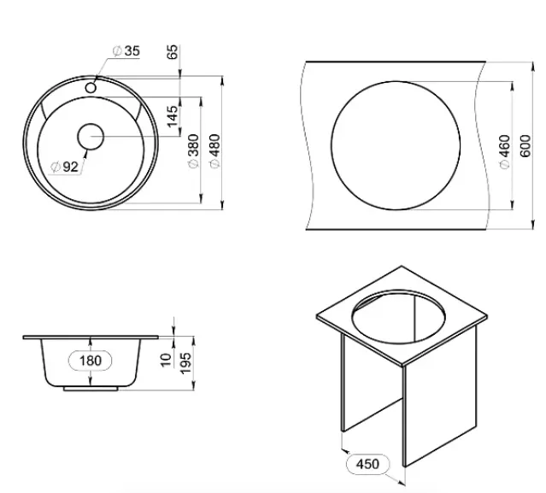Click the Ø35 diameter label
[126, 51]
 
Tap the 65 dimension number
[173, 52]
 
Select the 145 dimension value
[173, 117]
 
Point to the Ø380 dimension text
[194, 150]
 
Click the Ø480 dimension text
[214, 150]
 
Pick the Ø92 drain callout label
[65, 167]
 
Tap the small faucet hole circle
[91, 88]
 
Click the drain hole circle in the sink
[91, 137]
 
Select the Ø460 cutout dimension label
[505, 151]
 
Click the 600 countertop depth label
[525, 146]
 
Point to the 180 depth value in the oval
[91, 361]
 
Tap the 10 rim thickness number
[166, 360]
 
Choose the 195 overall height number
[186, 363]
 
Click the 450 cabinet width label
[367, 464]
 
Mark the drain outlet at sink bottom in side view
[91, 389]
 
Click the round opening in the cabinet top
[398, 315]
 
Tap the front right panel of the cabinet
[439, 397]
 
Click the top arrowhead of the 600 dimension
[533, 66]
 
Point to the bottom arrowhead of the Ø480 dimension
[223, 205]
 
